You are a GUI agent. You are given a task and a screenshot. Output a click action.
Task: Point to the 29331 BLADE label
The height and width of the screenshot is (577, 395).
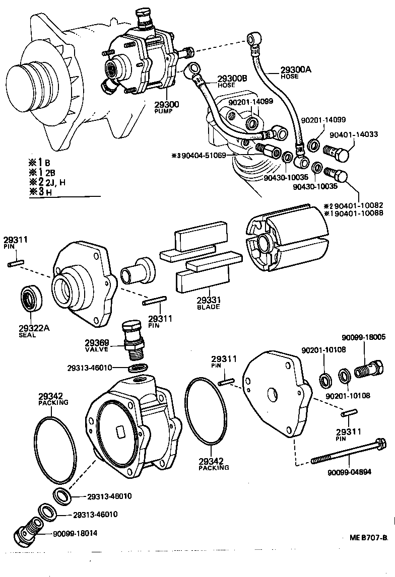pyautogui.click(x=208, y=300)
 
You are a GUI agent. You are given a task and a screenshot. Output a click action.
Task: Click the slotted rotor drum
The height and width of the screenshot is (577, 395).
pyautogui.click(x=284, y=239)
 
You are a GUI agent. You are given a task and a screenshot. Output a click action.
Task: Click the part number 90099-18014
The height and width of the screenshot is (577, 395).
pyautogui.click(x=75, y=533)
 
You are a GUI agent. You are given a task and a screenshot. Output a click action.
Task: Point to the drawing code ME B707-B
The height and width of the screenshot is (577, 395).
pyautogui.click(x=369, y=537)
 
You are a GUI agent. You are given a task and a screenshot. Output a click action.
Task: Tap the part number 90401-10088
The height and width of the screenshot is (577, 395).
pyautogui.click(x=357, y=213)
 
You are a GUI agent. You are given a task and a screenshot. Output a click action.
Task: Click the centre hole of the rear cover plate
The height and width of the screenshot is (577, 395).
pyautogui.click(x=272, y=393)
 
